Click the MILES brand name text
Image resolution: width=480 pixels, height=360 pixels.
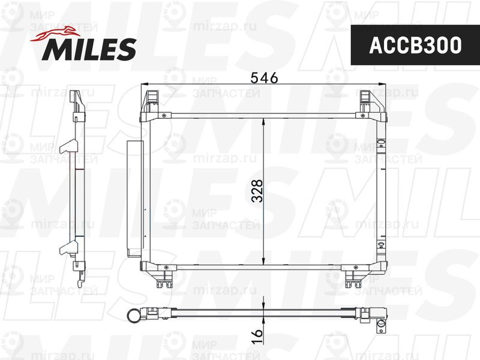tap(88, 50)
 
